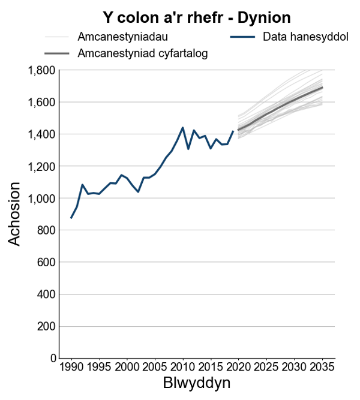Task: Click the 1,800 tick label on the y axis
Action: coord(41,70)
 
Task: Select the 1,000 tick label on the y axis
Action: coord(41,199)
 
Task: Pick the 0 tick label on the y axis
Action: coord(53,359)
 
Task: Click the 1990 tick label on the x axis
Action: coord(71,367)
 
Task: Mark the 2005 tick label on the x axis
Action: coord(155,367)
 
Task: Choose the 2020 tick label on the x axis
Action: coord(239,367)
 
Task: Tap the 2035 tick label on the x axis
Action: coord(322,367)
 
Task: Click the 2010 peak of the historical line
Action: coord(182,128)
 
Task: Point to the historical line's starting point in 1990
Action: coord(71,218)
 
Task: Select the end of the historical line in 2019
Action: coord(233,131)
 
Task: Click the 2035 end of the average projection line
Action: coord(322,88)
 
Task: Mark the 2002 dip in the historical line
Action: coord(138,192)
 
